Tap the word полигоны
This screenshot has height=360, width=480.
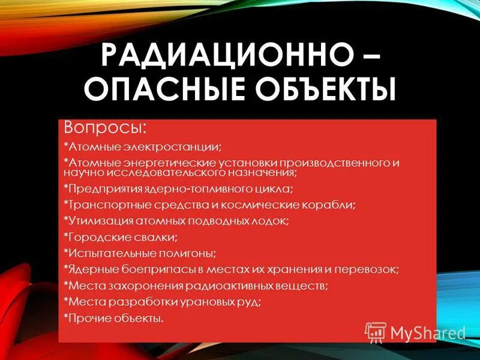point(185,252)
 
